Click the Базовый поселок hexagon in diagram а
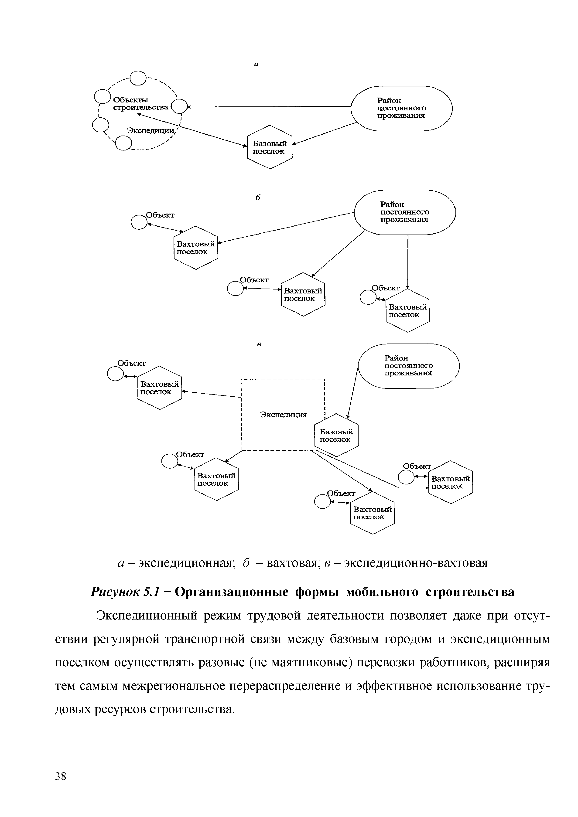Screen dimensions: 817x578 pyautogui.click(x=269, y=147)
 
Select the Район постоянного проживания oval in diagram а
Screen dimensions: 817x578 pyautogui.click(x=401, y=109)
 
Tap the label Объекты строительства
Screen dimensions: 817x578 pyautogui.click(x=140, y=104)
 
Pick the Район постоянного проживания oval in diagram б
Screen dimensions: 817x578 pyautogui.click(x=405, y=212)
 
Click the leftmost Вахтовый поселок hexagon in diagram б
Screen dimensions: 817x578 pyautogui.click(x=196, y=248)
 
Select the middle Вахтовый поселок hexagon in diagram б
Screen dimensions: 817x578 pyautogui.click(x=303, y=295)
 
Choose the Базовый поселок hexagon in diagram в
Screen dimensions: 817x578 pyautogui.click(x=336, y=435)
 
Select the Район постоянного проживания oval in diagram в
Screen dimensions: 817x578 pyautogui.click(x=409, y=366)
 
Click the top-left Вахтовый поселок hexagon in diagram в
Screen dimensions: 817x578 pyautogui.click(x=159, y=388)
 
